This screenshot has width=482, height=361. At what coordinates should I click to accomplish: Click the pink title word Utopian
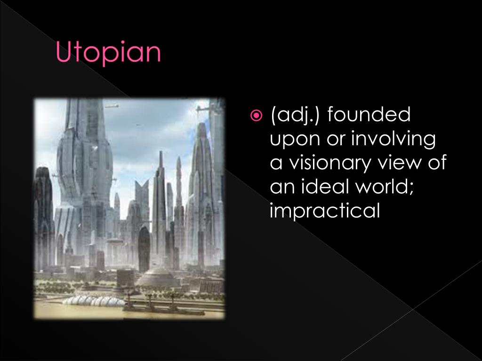pos(109,52)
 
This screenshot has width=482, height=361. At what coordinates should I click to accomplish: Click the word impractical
pos(324,211)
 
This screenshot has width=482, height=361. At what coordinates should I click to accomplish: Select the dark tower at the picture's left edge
pos(43,212)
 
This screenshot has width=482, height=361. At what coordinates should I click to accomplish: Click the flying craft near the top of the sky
pos(112,106)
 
